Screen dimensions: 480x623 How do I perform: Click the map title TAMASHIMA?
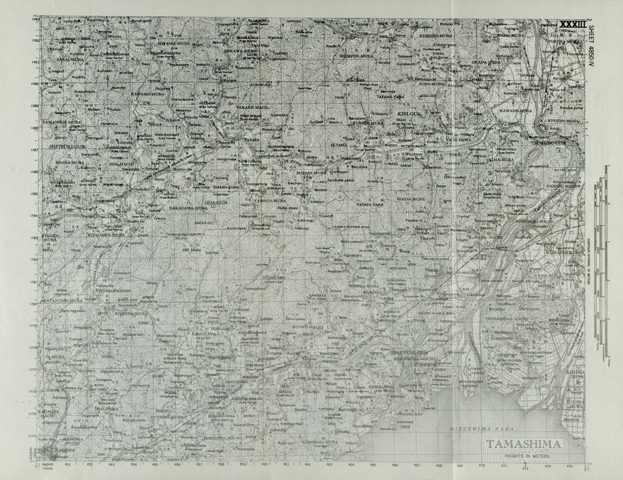click(x=523, y=444)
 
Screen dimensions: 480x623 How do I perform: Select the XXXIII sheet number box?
click(x=572, y=24)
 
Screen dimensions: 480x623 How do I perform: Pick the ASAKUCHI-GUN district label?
click(x=406, y=353)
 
